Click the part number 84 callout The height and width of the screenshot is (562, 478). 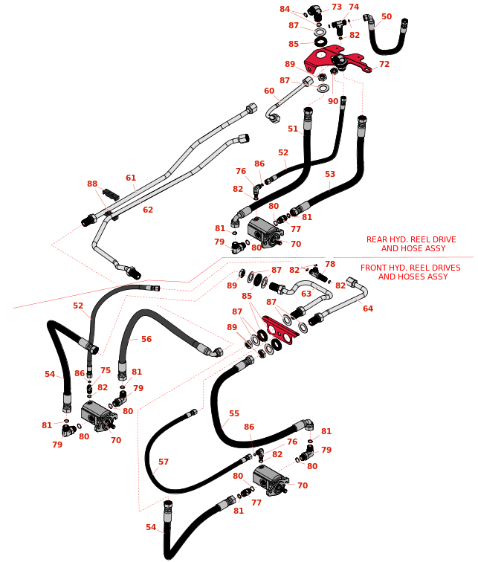click(x=285, y=9)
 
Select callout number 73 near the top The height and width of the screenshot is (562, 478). click(x=337, y=7)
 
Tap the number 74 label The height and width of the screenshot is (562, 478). click(x=354, y=7)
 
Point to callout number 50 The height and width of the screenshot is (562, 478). click(x=387, y=16)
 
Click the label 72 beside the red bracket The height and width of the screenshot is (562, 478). click(x=384, y=65)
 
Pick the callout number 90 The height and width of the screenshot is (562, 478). click(x=333, y=102)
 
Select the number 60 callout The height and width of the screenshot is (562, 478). click(x=269, y=91)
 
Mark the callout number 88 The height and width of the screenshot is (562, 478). click(x=92, y=184)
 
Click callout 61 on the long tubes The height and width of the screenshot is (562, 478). click(x=131, y=178)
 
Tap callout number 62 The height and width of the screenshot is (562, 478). click(x=148, y=210)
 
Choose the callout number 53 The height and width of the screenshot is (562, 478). click(x=330, y=175)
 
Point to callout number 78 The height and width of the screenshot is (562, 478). click(x=330, y=265)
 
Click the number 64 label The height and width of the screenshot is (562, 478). click(x=368, y=309)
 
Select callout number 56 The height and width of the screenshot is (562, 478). click(x=146, y=340)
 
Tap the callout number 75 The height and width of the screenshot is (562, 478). click(x=106, y=371)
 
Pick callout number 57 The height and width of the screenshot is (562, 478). click(x=164, y=462)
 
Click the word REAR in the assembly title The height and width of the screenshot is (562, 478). click(x=378, y=240)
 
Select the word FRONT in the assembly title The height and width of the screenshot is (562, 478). click(x=375, y=268)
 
